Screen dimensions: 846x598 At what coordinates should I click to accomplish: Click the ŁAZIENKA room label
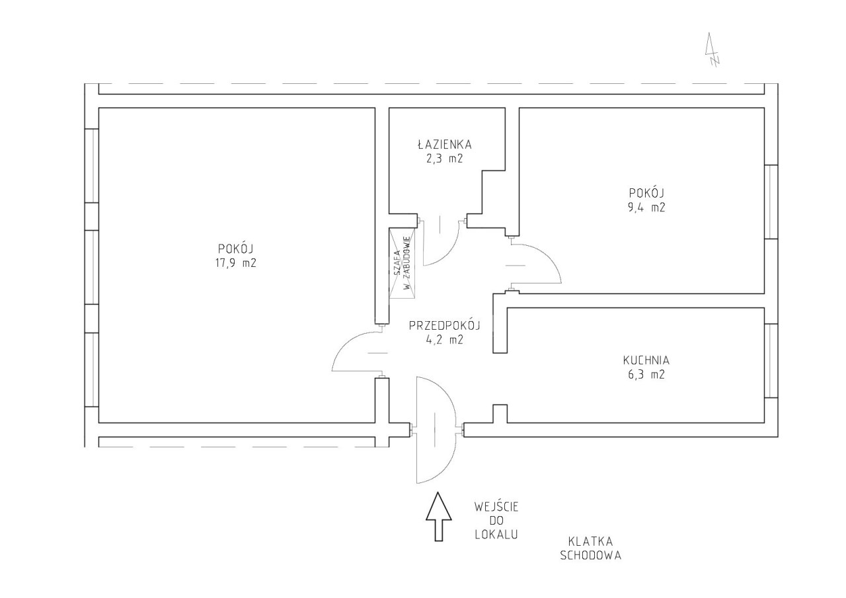[x=445, y=144]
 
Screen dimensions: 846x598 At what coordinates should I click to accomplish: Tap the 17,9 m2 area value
[x=236, y=263]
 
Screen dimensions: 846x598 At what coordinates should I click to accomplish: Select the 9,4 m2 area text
[x=646, y=207]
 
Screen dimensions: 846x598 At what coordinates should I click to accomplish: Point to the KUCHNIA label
[x=646, y=360]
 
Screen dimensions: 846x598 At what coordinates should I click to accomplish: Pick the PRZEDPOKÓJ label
[x=445, y=325]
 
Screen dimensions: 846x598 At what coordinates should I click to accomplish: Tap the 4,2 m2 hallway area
[x=445, y=340]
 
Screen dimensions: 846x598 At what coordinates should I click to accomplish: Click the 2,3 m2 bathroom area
[x=445, y=158]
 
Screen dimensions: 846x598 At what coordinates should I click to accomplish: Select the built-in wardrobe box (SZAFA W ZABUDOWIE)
[x=403, y=263]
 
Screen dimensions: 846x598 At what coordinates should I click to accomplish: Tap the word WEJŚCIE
[x=496, y=506]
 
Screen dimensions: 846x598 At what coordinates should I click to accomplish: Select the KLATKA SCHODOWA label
[x=591, y=548]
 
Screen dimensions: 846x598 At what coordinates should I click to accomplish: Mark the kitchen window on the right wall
[x=771, y=361]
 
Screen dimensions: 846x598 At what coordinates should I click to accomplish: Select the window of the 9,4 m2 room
[x=771, y=202]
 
